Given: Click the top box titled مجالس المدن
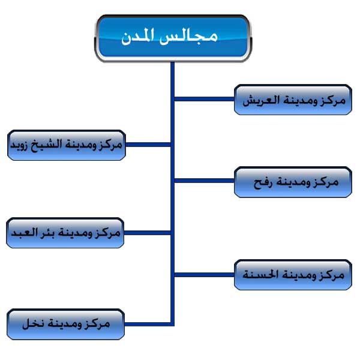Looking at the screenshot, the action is coord(173,38).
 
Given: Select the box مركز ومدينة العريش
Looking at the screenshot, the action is coord(293,100).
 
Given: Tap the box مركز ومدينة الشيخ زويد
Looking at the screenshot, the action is coord(67,145).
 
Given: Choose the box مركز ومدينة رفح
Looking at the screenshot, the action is coord(293,182).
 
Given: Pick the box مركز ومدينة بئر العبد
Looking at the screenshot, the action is coord(65,233).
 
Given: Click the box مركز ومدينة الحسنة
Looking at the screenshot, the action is coord(293,275).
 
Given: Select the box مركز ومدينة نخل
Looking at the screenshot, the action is coord(66,324).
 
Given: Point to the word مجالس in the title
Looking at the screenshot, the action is coord(189,37).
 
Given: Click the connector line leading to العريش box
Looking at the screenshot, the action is coord(205,99).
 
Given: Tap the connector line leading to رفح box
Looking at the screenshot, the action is coord(205,181).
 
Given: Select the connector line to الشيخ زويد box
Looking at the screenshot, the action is coord(148,145).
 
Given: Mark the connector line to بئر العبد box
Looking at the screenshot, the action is coord(147,233).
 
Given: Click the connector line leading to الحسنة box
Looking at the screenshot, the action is coord(205,275).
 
